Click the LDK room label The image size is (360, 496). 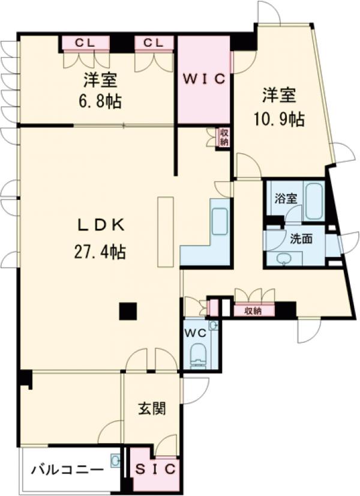100,226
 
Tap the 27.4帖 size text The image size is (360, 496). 100,252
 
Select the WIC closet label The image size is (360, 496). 203,79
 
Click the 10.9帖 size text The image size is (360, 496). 280,119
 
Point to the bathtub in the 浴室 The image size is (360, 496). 314,202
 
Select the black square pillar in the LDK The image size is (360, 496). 127,311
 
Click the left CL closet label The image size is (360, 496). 86,43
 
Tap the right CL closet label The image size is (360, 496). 154,43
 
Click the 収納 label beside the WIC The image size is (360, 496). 223,138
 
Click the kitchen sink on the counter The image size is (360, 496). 220,222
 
